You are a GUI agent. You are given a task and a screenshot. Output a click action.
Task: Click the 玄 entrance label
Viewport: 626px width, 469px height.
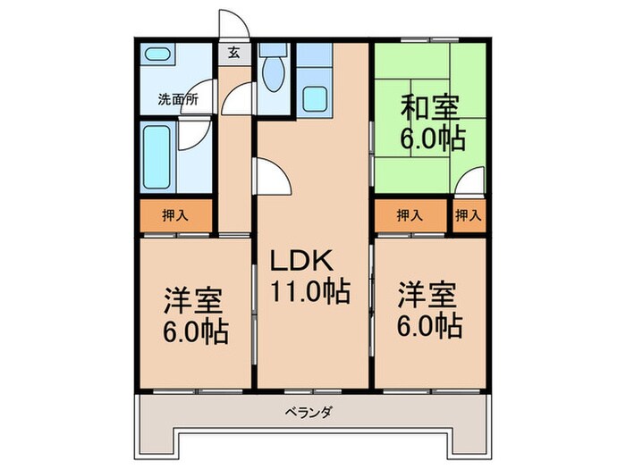[x=233, y=52]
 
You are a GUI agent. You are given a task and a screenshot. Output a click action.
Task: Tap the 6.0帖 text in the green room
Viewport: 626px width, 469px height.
[x=430, y=140]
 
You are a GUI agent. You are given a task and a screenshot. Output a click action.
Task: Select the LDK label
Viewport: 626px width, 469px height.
[x=303, y=261]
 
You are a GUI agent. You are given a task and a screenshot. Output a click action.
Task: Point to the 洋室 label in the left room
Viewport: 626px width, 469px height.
[x=193, y=300]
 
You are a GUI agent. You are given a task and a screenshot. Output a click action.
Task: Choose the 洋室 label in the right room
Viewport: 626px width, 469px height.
[x=427, y=295]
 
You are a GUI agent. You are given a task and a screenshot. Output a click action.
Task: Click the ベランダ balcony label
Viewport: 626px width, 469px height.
[x=309, y=414]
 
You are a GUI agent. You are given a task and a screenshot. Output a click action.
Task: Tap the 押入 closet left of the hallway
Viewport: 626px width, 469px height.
[x=175, y=215]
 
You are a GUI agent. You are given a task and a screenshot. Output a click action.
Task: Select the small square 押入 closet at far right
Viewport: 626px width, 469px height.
[x=468, y=215]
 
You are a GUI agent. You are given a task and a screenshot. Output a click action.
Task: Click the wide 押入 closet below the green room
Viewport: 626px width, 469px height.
[x=410, y=215]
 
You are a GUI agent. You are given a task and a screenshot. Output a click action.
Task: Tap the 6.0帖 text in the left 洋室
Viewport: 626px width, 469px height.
[x=195, y=331]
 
